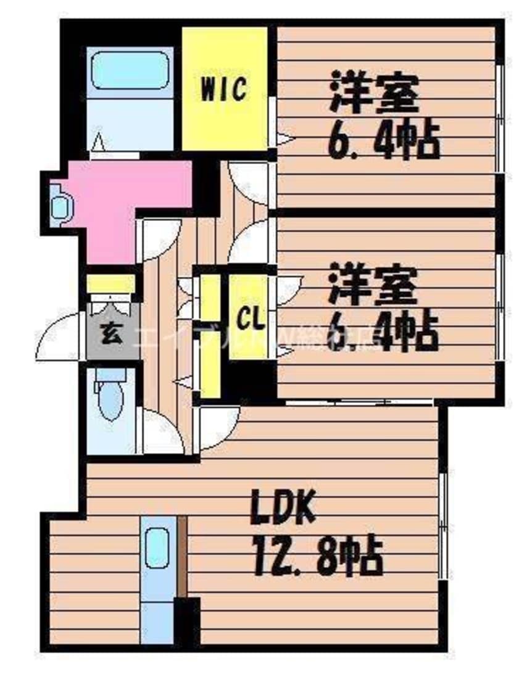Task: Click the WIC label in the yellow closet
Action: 223,89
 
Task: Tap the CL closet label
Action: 251,319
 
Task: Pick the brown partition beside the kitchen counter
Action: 181,555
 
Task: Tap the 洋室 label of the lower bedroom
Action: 374,284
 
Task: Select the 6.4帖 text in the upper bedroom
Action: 383,144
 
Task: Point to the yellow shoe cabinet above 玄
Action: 110,284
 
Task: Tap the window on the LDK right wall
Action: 442,525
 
